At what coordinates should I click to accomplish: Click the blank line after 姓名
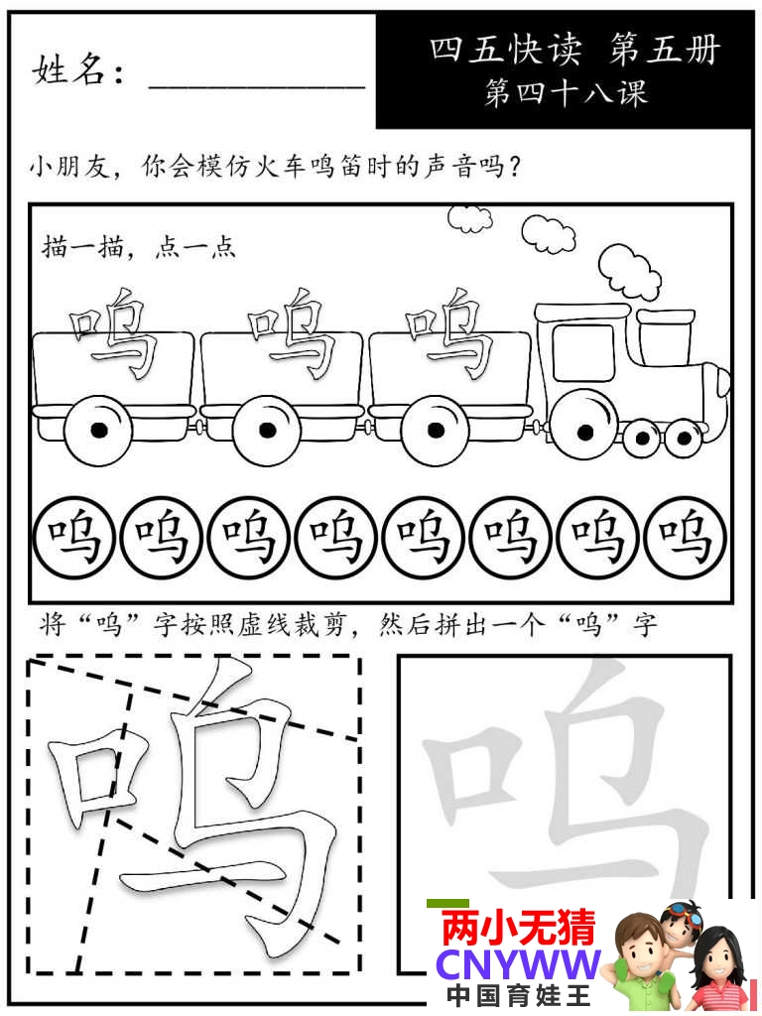pos(257,86)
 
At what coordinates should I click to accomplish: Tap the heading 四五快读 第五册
pos(574,50)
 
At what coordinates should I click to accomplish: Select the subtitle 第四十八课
pos(566,92)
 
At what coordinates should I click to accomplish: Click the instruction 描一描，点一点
pos(139,247)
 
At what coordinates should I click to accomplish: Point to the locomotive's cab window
pos(583,352)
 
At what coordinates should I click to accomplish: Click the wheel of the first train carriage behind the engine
pos(436,430)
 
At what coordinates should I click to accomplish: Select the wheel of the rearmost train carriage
pos(98,430)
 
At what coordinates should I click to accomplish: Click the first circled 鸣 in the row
pos(73,538)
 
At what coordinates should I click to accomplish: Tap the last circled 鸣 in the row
pos(686,538)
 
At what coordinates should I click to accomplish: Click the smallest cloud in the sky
pos(468,218)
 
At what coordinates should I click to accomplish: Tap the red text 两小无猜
pos(518,927)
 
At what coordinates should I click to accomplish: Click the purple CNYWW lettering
pos(518,964)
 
